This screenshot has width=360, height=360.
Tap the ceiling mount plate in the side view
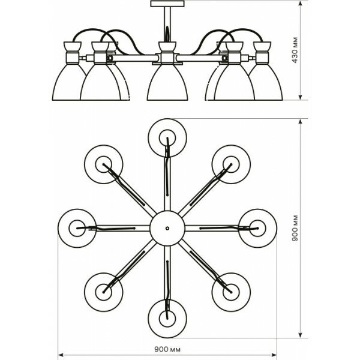[164, 6]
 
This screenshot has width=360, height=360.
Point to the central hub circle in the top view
[166, 228]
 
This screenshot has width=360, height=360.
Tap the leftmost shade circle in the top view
[76, 227]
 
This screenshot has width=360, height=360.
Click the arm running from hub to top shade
[167, 180]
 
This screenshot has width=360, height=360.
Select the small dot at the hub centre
[166, 228]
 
